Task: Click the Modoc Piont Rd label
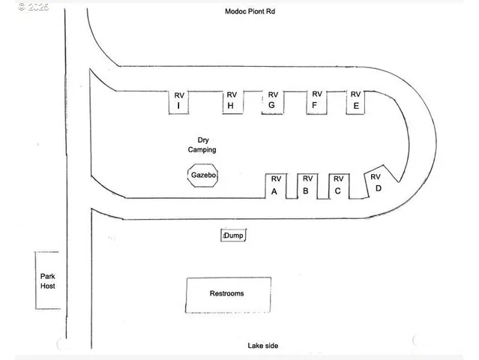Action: point(250,11)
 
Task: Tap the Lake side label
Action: point(262,346)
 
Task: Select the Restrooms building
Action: point(228,295)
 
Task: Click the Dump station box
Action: point(233,235)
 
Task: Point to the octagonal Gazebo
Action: point(203,175)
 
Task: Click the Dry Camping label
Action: point(202,145)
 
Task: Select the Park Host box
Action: point(47,280)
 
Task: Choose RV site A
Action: point(276,186)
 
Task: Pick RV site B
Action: point(307,186)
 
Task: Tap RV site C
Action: point(339,186)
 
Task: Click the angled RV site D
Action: point(379,182)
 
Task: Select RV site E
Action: point(355,103)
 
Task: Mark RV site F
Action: point(316,103)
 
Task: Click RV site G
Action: point(273,103)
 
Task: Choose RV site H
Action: point(232,103)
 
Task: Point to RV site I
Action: point(178,103)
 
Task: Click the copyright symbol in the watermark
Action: point(22,7)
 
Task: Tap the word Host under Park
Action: point(48,286)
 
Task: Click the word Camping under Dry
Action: point(202,150)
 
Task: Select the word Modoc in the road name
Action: point(235,11)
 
